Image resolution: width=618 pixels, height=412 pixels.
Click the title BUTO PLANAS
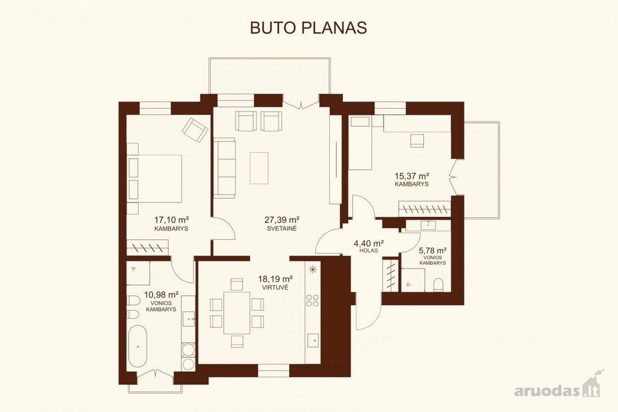[x=308, y=28]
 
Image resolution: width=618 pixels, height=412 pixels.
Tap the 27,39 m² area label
[x=282, y=220]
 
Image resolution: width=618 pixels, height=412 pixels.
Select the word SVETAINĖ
[x=282, y=229]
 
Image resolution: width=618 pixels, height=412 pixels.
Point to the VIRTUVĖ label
[x=276, y=287]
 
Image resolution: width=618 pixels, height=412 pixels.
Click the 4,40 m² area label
[x=369, y=244]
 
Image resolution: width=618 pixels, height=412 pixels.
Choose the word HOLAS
[x=369, y=251]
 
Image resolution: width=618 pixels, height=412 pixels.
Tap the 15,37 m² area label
[x=411, y=176]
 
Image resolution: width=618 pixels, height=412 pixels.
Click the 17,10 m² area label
[x=171, y=220]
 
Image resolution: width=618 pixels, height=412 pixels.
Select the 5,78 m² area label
[x=433, y=251]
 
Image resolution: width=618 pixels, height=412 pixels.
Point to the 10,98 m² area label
[x=161, y=295]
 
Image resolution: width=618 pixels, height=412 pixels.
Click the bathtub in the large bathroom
[x=138, y=346]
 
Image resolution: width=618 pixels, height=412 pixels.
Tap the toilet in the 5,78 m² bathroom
[x=438, y=285]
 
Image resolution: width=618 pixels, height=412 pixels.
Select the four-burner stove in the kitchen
[x=313, y=301]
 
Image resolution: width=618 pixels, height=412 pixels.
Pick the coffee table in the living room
[x=259, y=168]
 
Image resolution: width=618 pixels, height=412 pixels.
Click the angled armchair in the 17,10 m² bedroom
[x=195, y=130]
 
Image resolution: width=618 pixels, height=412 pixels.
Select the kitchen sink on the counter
[x=313, y=340]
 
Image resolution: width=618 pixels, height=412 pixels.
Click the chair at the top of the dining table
[x=237, y=284]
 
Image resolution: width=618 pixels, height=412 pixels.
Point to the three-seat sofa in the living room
[x=225, y=168]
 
